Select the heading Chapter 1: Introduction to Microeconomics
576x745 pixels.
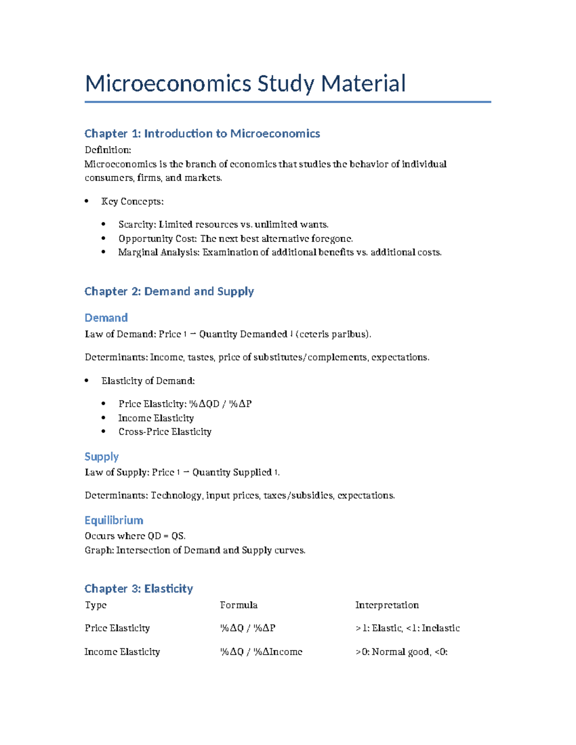[202, 133]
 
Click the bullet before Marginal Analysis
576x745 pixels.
[103, 252]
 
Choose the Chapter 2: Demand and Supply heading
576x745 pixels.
[169, 291]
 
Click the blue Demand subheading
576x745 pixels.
[106, 318]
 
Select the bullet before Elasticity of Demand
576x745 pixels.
[86, 381]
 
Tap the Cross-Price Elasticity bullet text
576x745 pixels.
[165, 432]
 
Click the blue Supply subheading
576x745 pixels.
[101, 456]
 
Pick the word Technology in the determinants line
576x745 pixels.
[176, 496]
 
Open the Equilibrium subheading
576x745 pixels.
[114, 520]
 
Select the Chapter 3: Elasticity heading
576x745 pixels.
[139, 589]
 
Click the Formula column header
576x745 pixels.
[239, 605]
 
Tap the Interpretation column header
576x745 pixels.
[387, 605]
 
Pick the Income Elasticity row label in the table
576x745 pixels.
[122, 652]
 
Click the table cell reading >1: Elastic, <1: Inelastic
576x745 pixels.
[408, 628]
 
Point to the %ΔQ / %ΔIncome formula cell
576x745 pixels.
[261, 652]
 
